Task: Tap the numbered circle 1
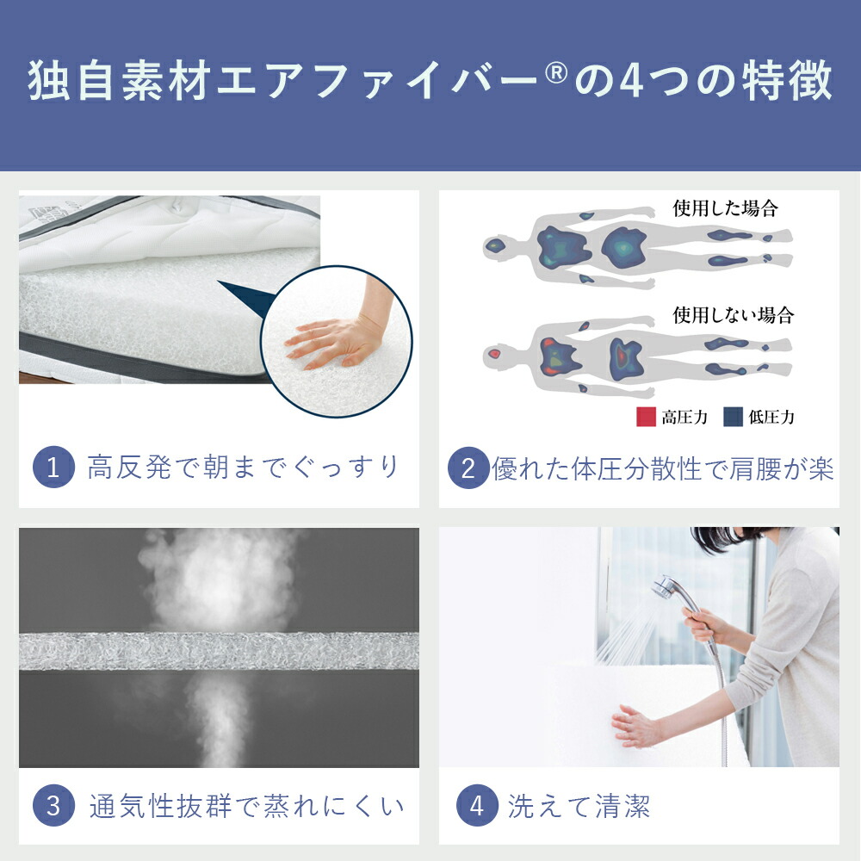(x=53, y=468)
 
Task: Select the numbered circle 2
(x=468, y=468)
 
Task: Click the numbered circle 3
(x=53, y=807)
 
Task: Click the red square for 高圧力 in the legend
(x=646, y=417)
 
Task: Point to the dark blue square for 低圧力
(x=732, y=417)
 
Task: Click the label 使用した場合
(x=725, y=208)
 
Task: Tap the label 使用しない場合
(x=733, y=314)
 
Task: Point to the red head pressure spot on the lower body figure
(x=494, y=354)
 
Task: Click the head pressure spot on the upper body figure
(x=495, y=246)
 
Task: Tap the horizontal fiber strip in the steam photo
(x=219, y=651)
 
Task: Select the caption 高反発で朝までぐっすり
(x=244, y=468)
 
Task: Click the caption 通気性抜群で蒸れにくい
(x=246, y=807)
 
